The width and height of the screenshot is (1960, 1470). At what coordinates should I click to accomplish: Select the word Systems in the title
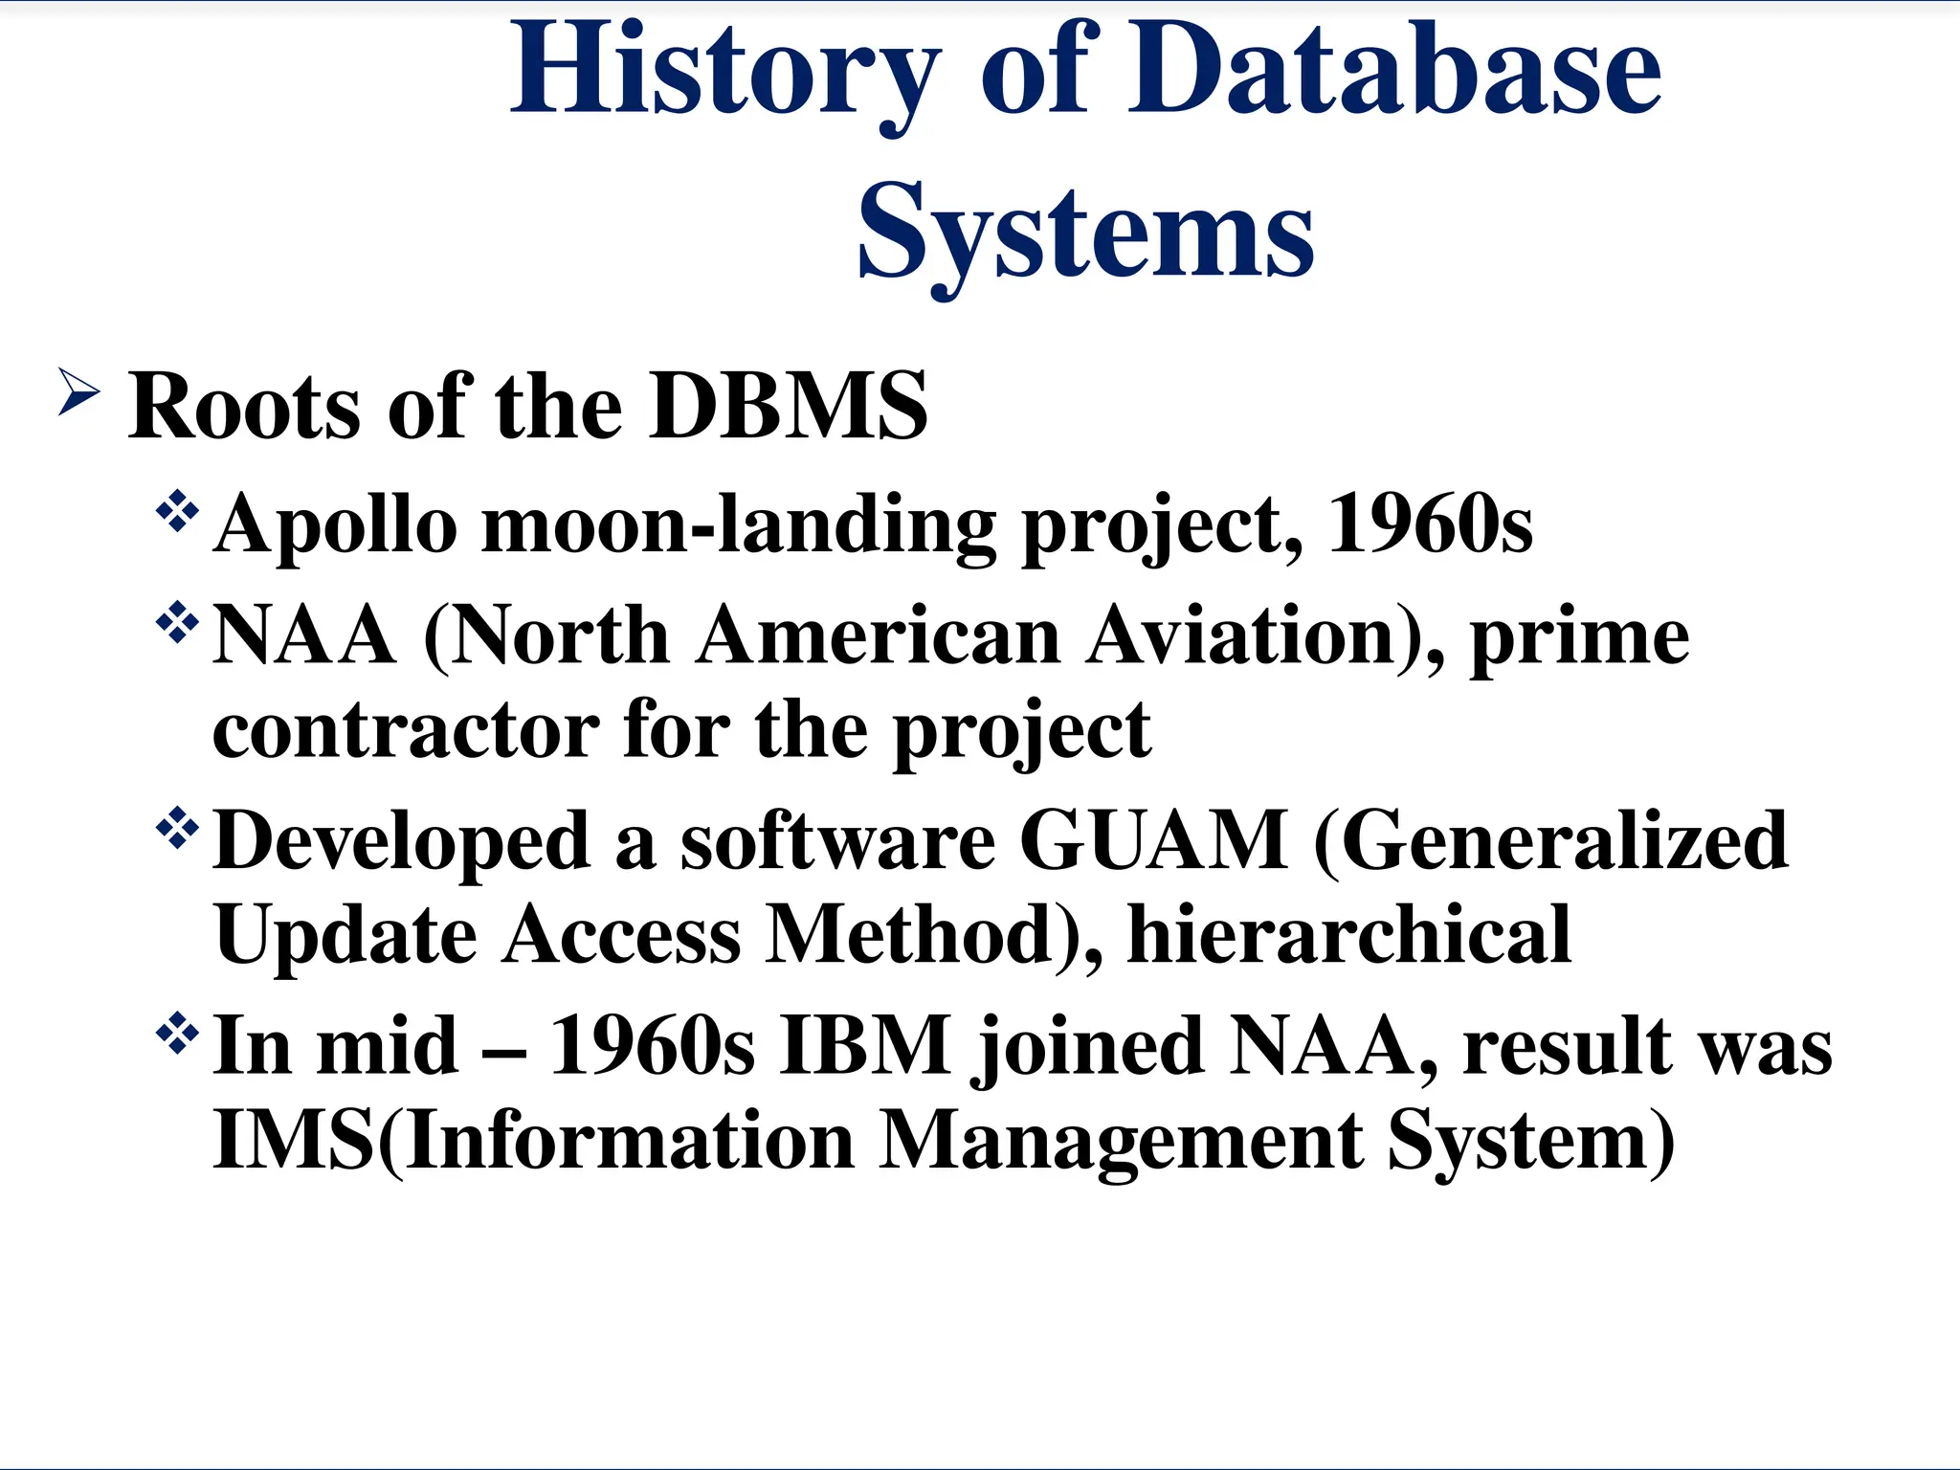click(1085, 233)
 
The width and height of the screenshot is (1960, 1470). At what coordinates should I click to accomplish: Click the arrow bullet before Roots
click(78, 392)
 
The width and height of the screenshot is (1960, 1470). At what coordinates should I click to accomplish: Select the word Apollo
click(335, 525)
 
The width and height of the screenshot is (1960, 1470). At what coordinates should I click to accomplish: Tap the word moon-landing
click(738, 525)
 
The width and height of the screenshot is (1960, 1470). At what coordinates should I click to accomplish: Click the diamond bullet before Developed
click(177, 829)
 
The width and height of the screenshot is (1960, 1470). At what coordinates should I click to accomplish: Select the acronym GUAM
click(1153, 841)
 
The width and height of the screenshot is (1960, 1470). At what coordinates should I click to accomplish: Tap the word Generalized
click(1550, 841)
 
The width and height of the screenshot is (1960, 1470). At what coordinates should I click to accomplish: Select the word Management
click(1121, 1142)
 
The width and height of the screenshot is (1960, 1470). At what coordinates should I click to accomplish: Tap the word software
click(837, 841)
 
